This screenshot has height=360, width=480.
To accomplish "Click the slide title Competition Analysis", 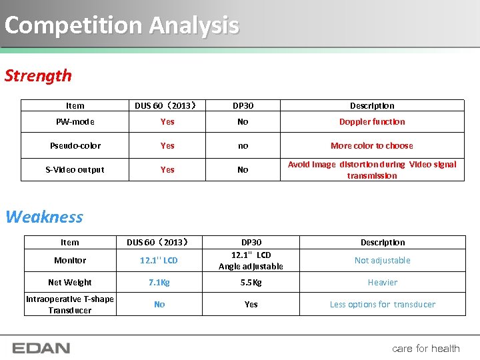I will tap(121, 25).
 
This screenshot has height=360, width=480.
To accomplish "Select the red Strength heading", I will tap(38, 75).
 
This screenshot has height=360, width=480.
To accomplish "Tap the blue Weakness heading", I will tap(44, 217).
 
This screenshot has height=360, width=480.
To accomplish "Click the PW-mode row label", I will tap(75, 122).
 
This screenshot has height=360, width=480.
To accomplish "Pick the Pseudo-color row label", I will tap(75, 145).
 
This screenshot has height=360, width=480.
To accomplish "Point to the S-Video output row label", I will tap(75, 169).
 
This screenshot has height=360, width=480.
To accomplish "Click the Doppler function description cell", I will tap(372, 122).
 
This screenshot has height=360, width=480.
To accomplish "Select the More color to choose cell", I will tap(372, 145).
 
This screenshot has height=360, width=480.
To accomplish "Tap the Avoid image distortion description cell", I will tap(372, 170).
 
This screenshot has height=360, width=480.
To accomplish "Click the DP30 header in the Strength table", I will tap(243, 105).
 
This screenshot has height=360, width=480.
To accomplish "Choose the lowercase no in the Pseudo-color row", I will tap(243, 145).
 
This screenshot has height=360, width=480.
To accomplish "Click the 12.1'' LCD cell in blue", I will tap(159, 261).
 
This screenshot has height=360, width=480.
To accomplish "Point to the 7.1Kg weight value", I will tap(159, 282).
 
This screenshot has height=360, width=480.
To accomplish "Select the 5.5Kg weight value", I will tap(251, 282).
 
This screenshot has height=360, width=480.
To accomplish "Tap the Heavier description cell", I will tap(383, 282).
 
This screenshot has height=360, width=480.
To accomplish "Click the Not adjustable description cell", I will tap(383, 261).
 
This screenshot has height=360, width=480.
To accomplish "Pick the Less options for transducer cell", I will tap(383, 305).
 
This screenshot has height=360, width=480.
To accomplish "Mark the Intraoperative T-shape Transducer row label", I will tap(70, 305).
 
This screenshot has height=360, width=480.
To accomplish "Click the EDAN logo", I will tap(41, 348).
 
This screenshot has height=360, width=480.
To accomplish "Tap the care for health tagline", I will tap(426, 348).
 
